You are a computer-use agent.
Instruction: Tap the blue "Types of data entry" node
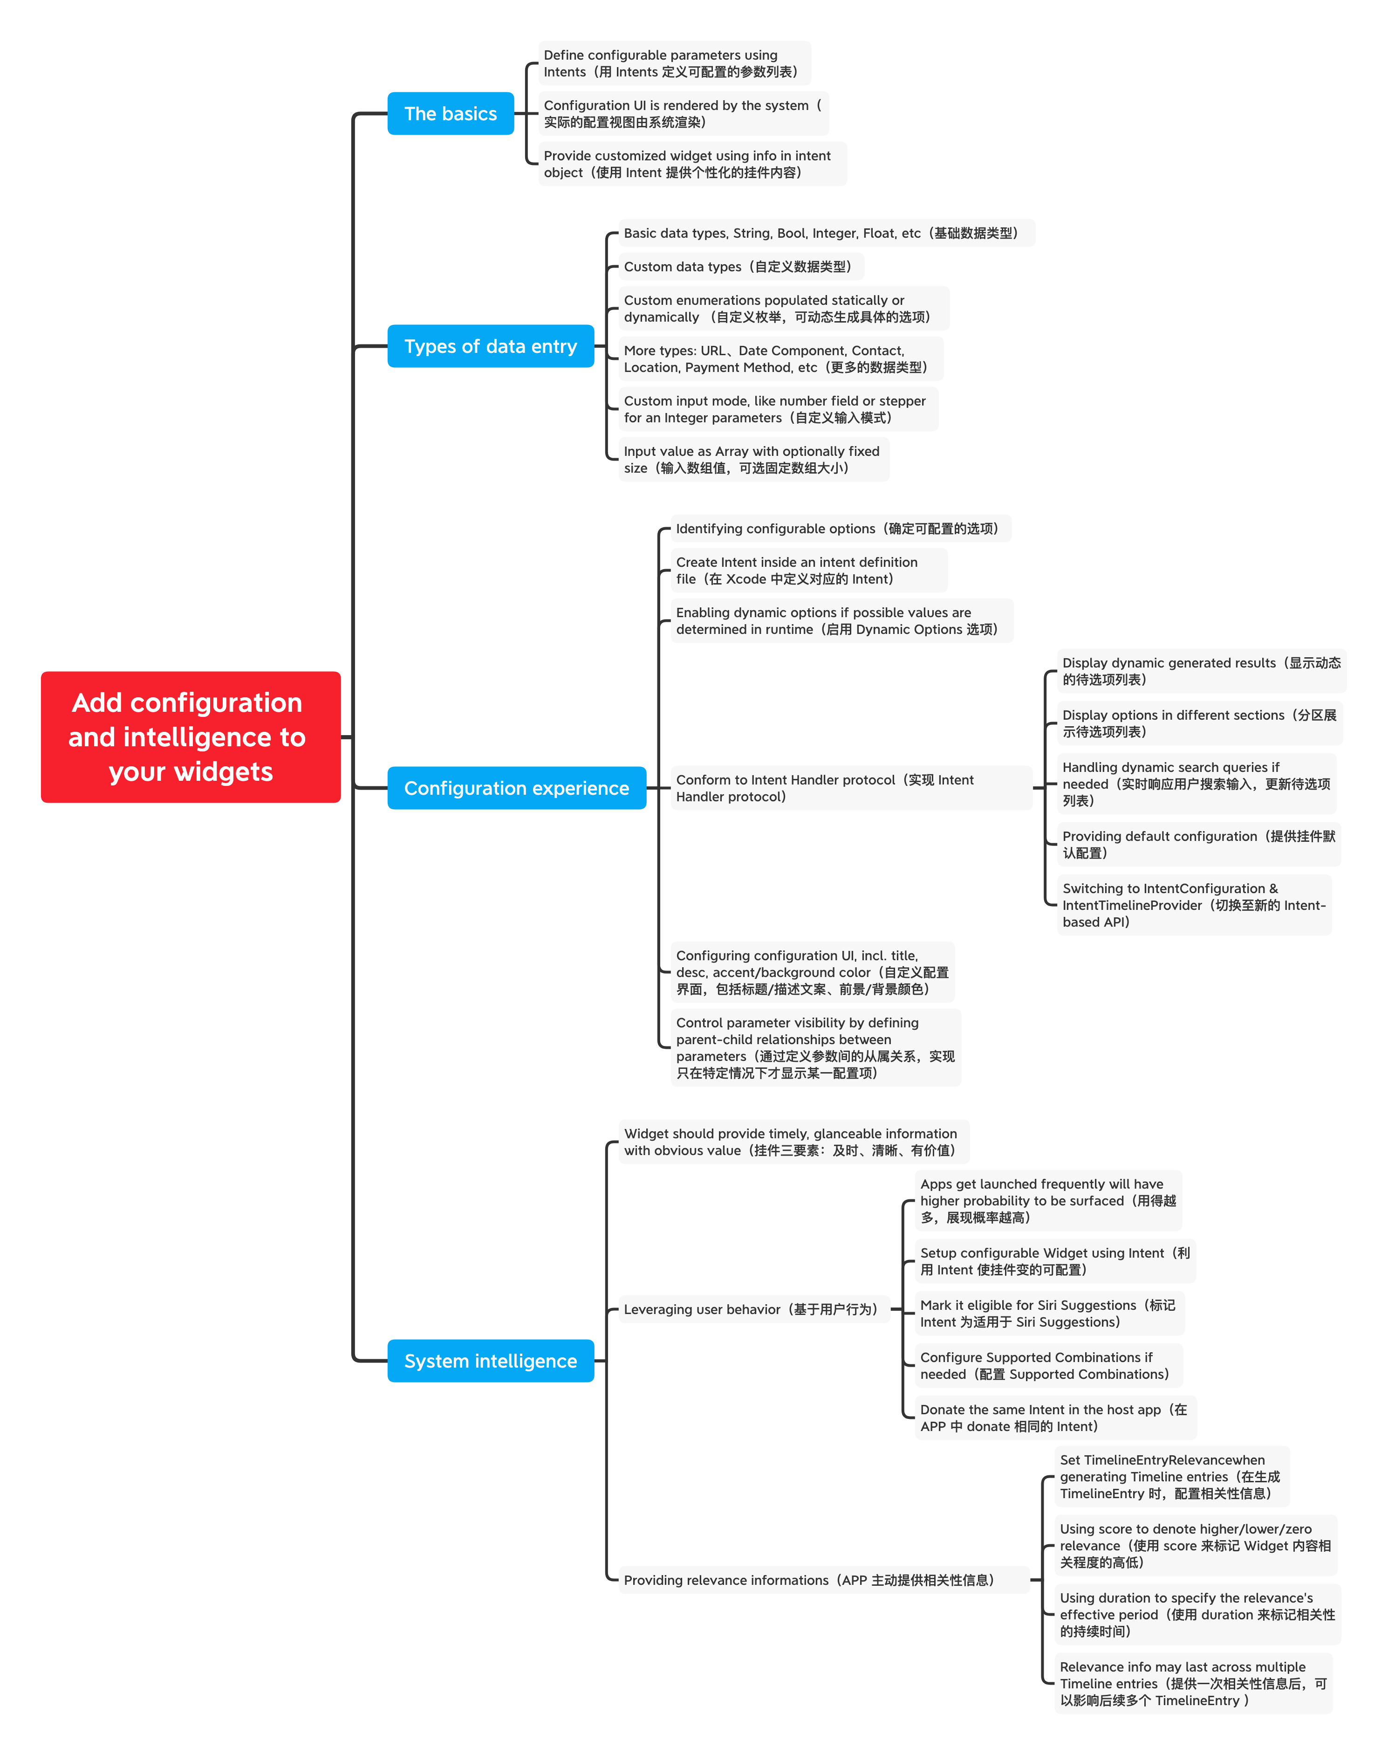click(491, 346)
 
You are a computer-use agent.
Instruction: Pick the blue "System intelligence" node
click(491, 1361)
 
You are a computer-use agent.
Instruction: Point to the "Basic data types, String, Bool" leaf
click(827, 233)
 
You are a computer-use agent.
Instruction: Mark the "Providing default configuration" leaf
click(1199, 845)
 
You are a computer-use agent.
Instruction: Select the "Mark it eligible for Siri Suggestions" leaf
click(1049, 1314)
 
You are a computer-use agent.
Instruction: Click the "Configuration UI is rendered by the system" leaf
click(684, 114)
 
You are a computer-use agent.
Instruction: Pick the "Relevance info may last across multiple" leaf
click(1193, 1684)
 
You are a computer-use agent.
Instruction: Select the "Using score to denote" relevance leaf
click(1196, 1545)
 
